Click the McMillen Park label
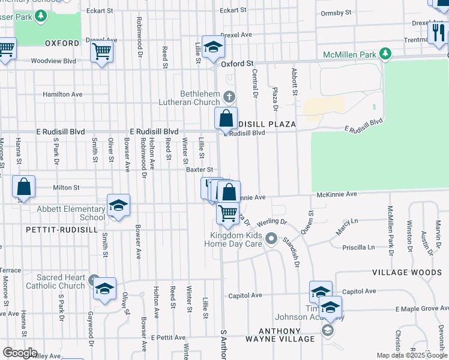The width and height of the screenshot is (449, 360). pos(349,55)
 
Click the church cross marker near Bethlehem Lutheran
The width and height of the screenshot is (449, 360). pos(229,97)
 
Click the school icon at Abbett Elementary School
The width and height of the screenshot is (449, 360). pos(118,206)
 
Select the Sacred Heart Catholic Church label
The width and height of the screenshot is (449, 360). pos(55,281)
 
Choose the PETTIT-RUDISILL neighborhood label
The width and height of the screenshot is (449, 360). pos(49,230)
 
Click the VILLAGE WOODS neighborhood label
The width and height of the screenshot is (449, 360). pos(406,272)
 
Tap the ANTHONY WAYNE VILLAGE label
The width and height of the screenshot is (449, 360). pos(280,335)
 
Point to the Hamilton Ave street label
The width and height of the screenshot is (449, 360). pos(62,95)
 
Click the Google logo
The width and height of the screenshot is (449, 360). pos(19,353)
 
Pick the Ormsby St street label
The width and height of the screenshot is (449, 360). pos(336,13)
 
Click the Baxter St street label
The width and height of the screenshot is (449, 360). pos(200,170)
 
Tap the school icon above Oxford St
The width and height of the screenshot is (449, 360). pos(212,47)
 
